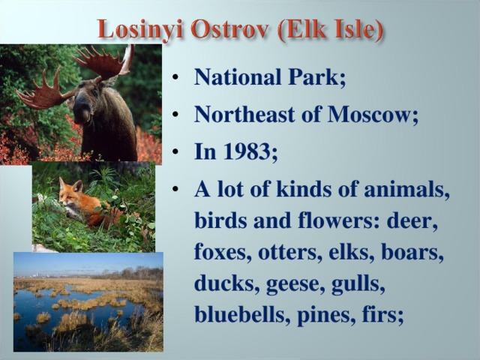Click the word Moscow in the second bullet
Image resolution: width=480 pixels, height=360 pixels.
click(376, 115)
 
